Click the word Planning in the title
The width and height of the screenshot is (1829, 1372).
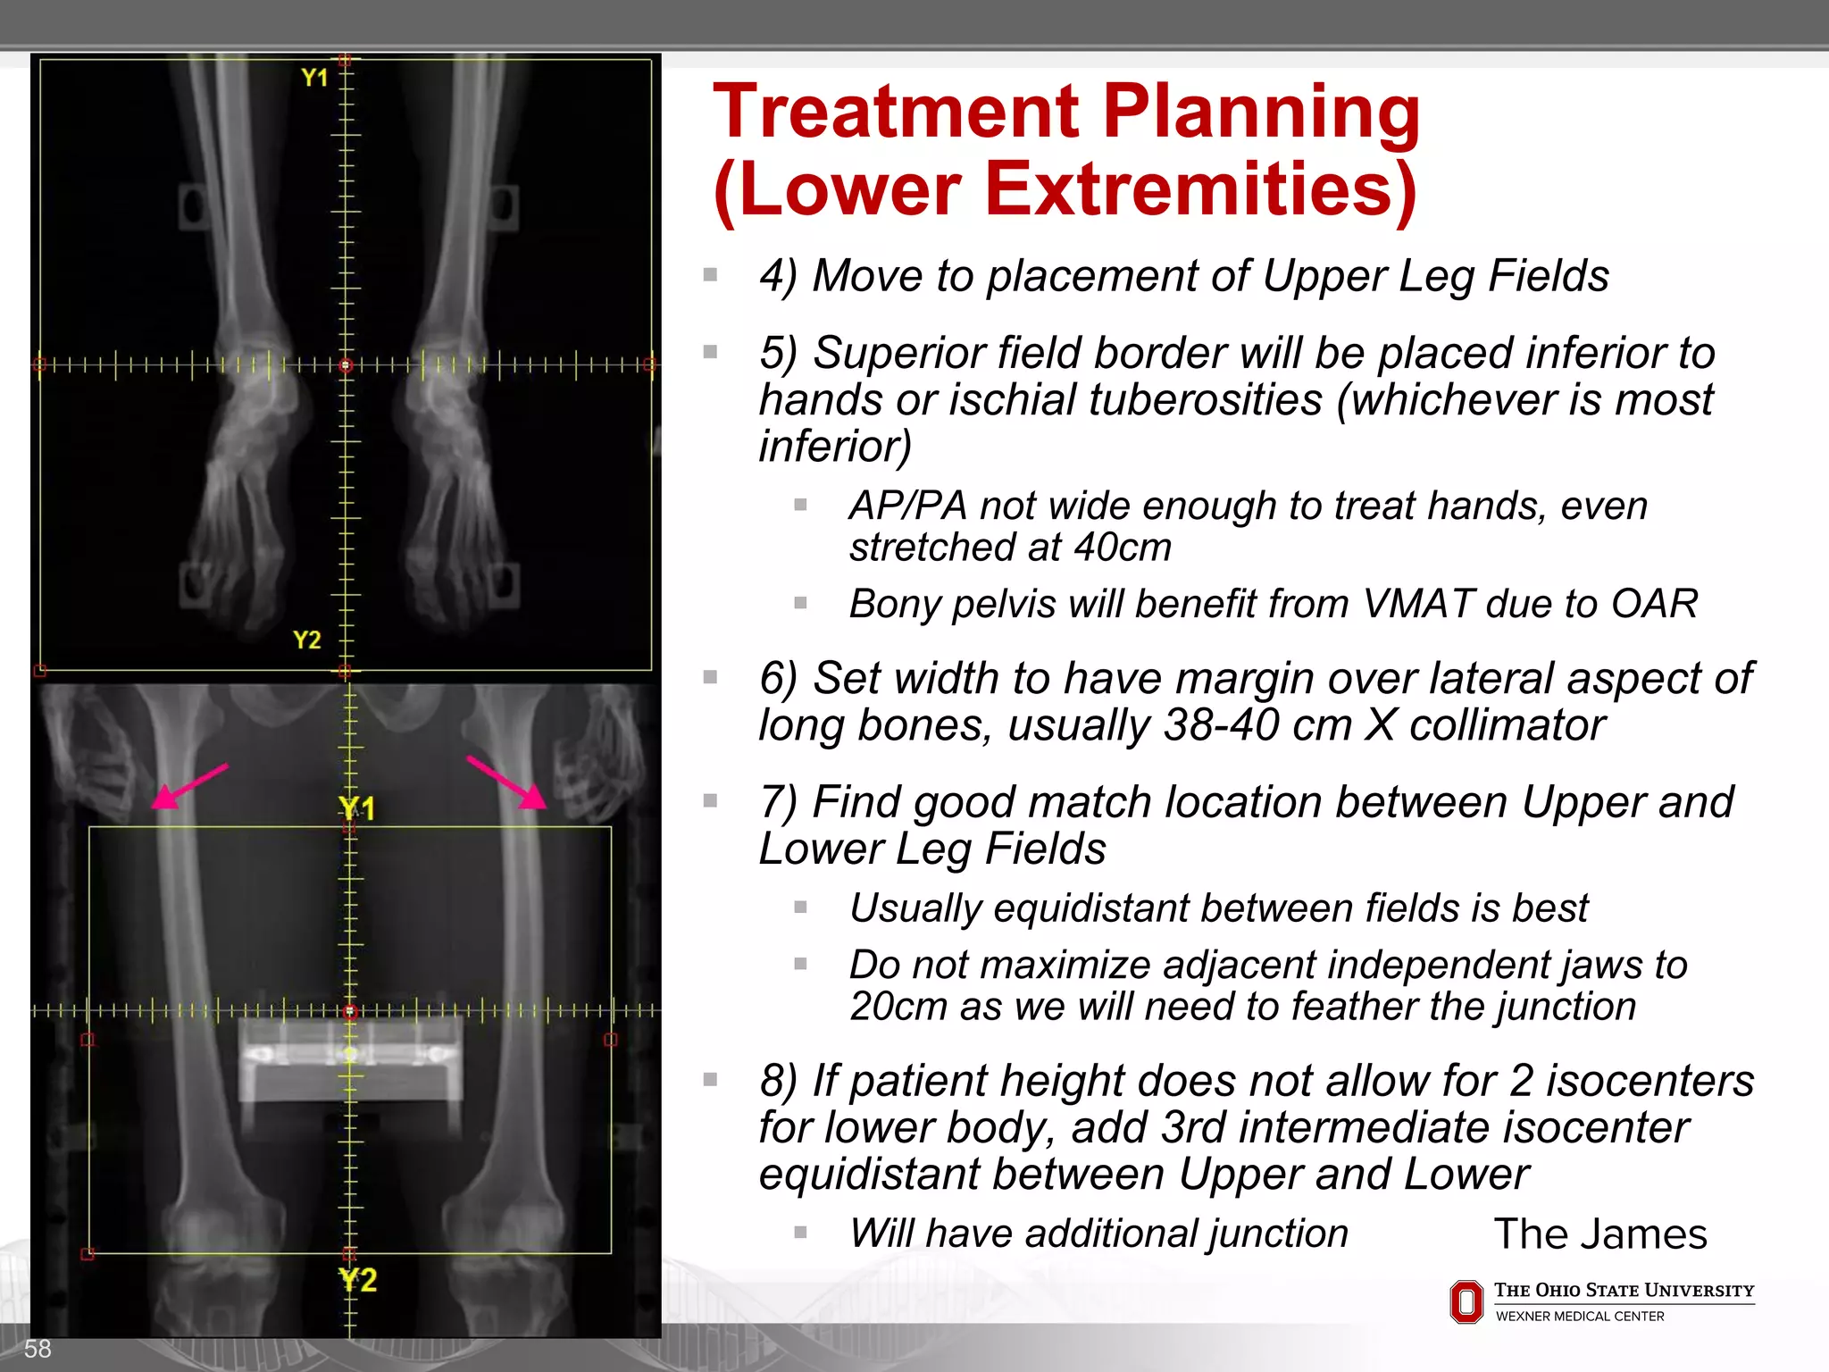click(x=1260, y=113)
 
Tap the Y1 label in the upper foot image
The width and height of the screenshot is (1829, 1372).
click(x=314, y=78)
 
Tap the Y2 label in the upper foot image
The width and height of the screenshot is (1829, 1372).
click(x=306, y=640)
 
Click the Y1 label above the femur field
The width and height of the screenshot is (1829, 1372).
click(x=357, y=808)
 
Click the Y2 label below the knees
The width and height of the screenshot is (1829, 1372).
click(x=358, y=1280)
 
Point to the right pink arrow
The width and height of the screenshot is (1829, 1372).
click(x=506, y=782)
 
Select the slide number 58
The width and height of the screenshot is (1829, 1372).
click(x=38, y=1349)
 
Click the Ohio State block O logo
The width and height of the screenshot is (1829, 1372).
click(x=1466, y=1301)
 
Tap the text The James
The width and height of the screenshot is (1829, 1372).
click(x=1599, y=1234)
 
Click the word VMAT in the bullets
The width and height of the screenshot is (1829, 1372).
click(x=1417, y=604)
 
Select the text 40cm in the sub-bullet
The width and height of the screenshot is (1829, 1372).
click(x=1123, y=548)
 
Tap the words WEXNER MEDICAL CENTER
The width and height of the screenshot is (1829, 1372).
click(x=1579, y=1317)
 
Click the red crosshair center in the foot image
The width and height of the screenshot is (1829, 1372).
click(x=346, y=364)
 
